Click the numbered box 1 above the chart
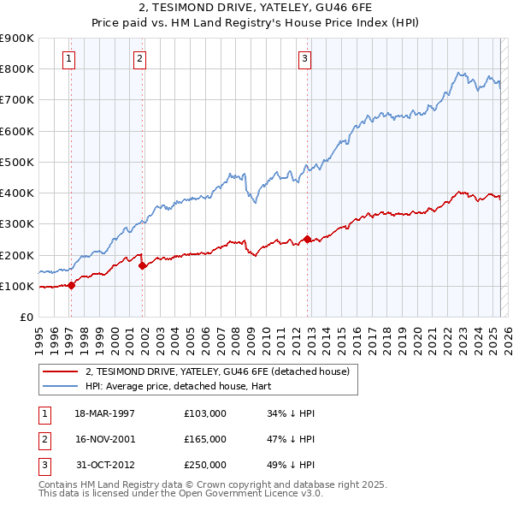(x=68, y=59)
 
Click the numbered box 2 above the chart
(x=139, y=59)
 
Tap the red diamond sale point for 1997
(x=72, y=286)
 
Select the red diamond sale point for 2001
(x=143, y=266)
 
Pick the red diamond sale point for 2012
(x=308, y=240)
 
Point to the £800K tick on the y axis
(x=18, y=69)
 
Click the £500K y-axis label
(x=18, y=162)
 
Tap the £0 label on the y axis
(x=26, y=317)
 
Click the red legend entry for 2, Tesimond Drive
(x=217, y=372)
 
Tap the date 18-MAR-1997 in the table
(x=105, y=413)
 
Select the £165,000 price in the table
(x=205, y=439)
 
